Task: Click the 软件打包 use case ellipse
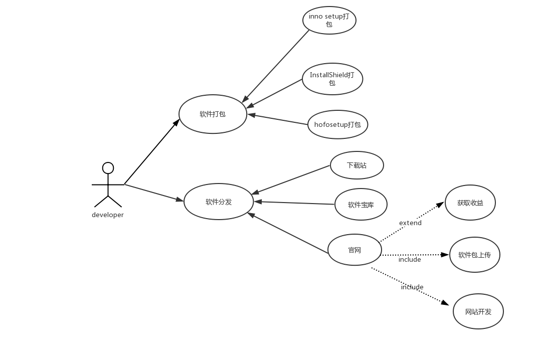[213, 114]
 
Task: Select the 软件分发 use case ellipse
[219, 202]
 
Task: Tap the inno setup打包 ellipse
[329, 21]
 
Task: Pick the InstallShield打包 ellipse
[332, 79]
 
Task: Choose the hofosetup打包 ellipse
[337, 124]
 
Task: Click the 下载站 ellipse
[357, 165]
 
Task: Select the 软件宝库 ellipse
[361, 204]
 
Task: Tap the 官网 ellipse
[354, 250]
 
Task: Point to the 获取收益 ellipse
[470, 203]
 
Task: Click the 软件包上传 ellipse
[474, 255]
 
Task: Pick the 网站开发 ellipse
[478, 311]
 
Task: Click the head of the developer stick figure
[108, 168]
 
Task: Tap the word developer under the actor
[108, 215]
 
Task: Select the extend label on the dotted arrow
[410, 223]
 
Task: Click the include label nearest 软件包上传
[410, 260]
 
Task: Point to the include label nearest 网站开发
[412, 287]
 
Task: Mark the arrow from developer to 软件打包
[151, 152]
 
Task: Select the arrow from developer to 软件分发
[153, 193]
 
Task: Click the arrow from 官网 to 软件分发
[288, 233]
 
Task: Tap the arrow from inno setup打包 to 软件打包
[276, 66]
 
